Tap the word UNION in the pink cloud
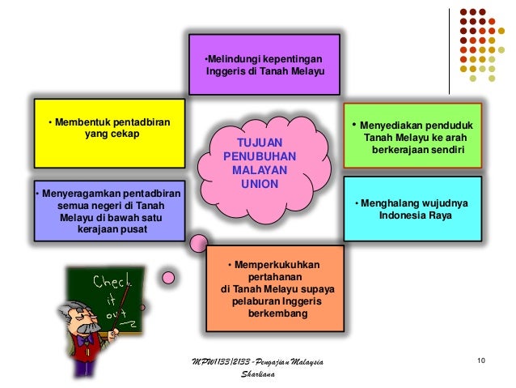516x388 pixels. pyautogui.click(x=260, y=184)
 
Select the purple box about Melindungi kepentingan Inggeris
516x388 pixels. pyautogui.click(x=264, y=65)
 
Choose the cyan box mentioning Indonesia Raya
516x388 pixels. pyautogui.click(x=412, y=210)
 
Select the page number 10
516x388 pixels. pyautogui.click(x=481, y=360)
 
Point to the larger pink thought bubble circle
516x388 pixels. pyautogui.click(x=197, y=242)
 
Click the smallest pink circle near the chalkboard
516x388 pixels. pyautogui.click(x=168, y=278)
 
